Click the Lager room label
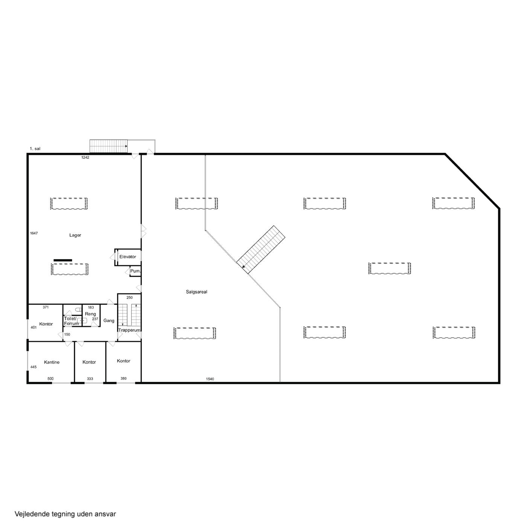[x=75, y=235]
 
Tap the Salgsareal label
[x=196, y=292]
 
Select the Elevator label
[x=128, y=257]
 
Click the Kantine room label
[x=52, y=362]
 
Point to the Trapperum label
[x=129, y=331]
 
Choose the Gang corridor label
[x=109, y=320]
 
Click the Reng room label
[x=90, y=314]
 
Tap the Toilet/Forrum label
[x=71, y=321]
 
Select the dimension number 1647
[x=34, y=233]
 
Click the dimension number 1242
[x=85, y=157]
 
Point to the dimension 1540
[x=210, y=379]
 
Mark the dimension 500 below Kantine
[x=50, y=379]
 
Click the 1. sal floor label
[x=35, y=149]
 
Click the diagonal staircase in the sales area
[x=261, y=250]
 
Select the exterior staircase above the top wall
[x=109, y=146]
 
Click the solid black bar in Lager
[x=63, y=260]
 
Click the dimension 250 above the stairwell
[x=129, y=297]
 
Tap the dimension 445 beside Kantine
[x=34, y=367]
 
